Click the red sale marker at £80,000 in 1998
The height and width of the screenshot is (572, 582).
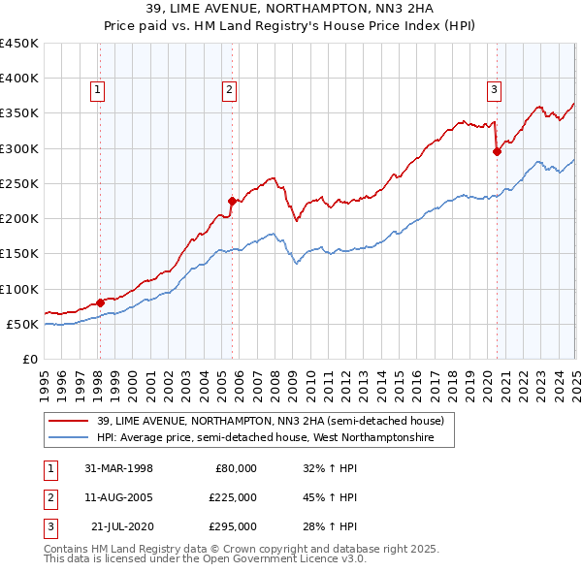coord(100,302)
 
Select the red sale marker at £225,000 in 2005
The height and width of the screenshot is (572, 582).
coord(232,201)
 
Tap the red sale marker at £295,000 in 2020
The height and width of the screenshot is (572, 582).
coord(497,151)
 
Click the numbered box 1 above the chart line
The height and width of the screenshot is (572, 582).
coord(98,91)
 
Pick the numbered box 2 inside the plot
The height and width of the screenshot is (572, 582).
coord(229,91)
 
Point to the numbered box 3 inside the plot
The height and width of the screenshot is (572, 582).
coord(494,91)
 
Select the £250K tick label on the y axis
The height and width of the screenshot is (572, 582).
coord(18,183)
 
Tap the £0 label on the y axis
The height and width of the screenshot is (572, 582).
coord(29,359)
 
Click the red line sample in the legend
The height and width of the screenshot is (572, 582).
coord(69,421)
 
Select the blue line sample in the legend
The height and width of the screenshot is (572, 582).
coord(69,438)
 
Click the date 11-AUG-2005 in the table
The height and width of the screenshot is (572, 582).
coord(118,497)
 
